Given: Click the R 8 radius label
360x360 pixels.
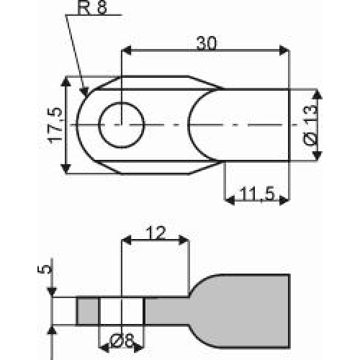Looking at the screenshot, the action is [92, 9].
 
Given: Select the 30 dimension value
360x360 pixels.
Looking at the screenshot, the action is [207, 43].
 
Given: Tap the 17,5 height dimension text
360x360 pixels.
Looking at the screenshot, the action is [55, 125].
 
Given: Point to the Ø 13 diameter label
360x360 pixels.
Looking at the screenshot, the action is [310, 125].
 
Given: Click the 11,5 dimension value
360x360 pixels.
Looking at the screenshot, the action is [257, 194].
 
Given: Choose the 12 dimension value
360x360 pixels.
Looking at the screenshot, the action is [156, 233].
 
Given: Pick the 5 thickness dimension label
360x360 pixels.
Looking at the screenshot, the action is [45, 269].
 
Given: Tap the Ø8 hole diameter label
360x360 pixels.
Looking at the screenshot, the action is [122, 341].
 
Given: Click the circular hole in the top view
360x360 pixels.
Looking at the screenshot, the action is [122, 102].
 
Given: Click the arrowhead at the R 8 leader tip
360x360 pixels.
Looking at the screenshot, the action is [85, 91].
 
